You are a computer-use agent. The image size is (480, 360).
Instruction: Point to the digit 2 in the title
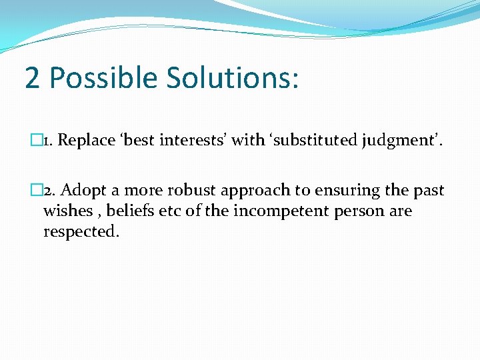pos(32,78)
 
